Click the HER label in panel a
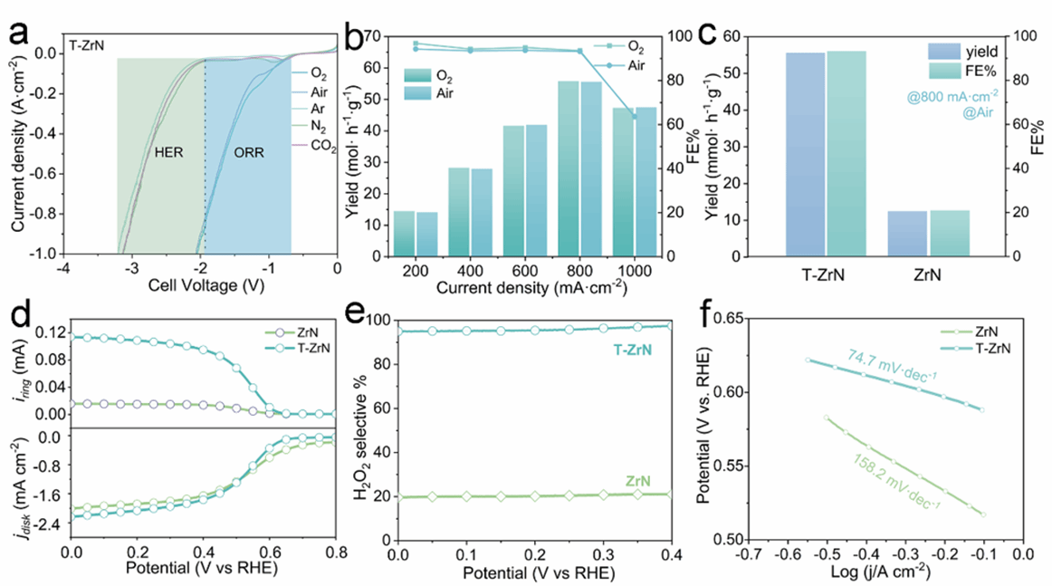pyautogui.click(x=168, y=153)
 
